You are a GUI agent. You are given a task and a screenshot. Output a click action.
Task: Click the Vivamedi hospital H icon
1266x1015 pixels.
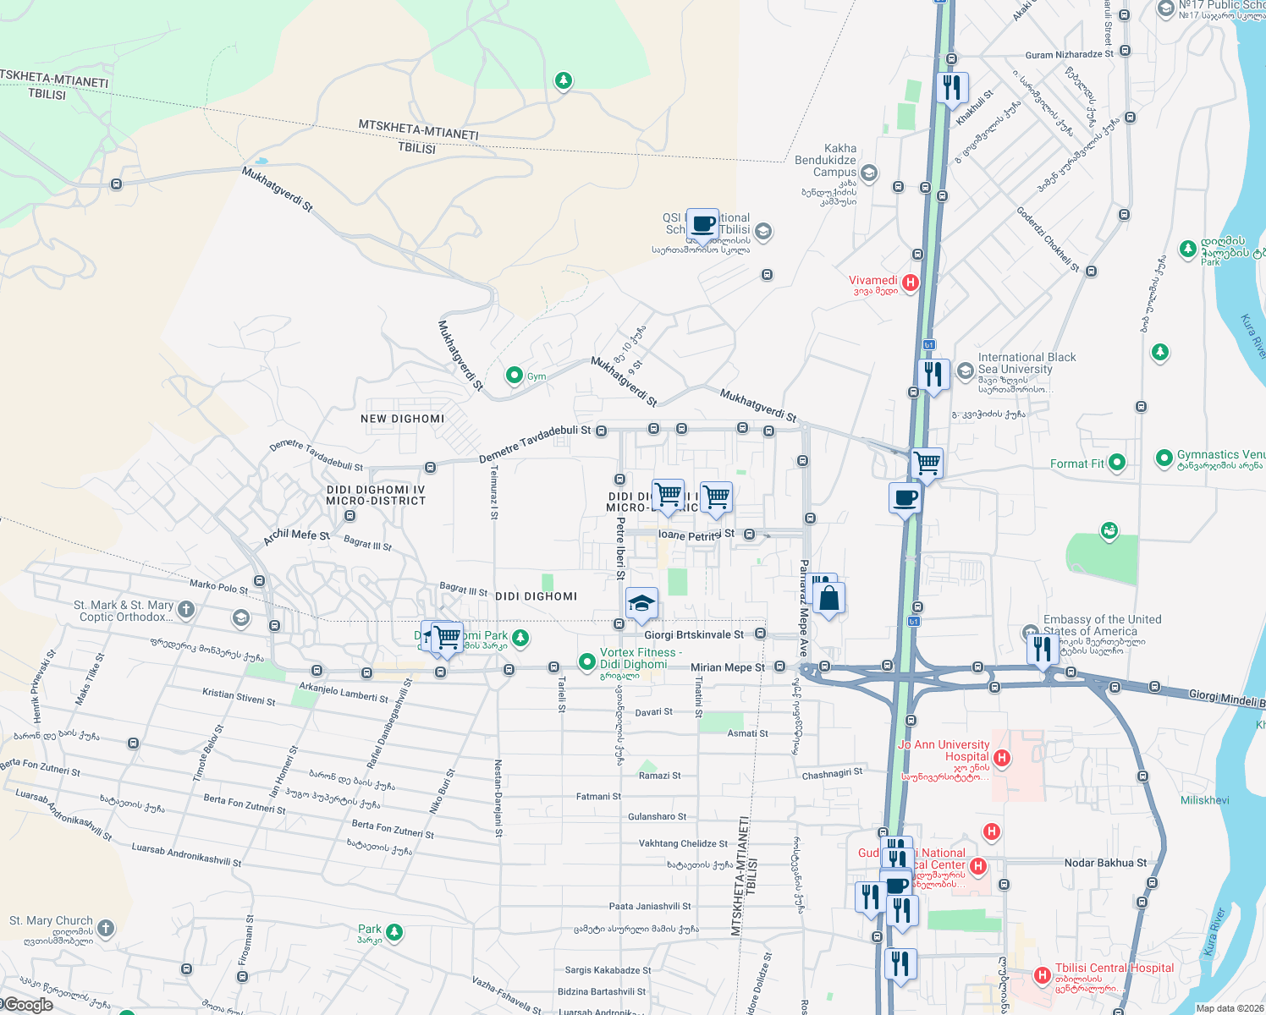pos(911,283)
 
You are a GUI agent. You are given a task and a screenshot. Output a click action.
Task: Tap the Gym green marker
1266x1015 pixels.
pos(514,375)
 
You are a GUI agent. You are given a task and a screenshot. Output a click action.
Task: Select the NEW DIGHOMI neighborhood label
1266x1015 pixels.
pos(402,419)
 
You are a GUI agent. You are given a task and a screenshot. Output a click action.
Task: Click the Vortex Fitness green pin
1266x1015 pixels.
pos(586,661)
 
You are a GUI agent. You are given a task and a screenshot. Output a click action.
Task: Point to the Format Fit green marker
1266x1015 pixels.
pos(1117,463)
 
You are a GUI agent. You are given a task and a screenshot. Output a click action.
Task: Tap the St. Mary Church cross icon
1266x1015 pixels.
pos(105,928)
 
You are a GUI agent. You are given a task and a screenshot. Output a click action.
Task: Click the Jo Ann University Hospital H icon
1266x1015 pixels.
pos(1002,757)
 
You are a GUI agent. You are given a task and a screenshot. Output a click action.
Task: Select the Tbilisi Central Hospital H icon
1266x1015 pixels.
pos(1043,975)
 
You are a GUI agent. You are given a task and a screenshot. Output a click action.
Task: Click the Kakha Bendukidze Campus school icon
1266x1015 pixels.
pos(869,173)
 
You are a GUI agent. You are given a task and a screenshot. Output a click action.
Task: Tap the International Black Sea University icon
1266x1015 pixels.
pos(965,370)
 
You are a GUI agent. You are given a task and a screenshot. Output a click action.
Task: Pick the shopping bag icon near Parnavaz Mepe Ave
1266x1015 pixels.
pos(829,598)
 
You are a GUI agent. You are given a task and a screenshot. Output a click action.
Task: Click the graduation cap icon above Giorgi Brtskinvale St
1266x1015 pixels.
pos(641,603)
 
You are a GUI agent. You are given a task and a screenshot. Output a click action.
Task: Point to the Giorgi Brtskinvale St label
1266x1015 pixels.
pos(693,634)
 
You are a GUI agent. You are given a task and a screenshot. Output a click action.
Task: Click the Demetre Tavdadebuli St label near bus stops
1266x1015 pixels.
pos(535,444)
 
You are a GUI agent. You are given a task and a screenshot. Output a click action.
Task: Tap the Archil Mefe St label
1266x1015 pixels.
pos(296,536)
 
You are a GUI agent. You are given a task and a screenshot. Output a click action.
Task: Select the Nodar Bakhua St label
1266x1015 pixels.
pos(1105,863)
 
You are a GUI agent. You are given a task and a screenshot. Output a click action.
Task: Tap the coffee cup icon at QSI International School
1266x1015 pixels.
pos(702,224)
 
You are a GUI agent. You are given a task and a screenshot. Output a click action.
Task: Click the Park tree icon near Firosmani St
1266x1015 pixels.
pos(394,932)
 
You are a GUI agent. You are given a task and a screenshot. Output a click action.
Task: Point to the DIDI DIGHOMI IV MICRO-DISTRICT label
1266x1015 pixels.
pos(376,495)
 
